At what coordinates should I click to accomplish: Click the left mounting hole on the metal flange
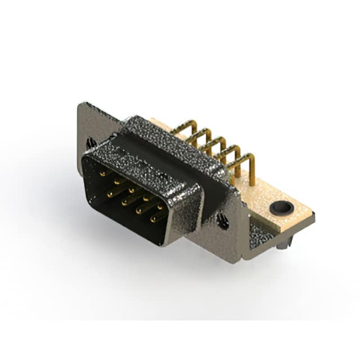pos(91,144)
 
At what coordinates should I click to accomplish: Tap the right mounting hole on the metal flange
pos(223,222)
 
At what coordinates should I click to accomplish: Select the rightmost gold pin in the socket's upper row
pos(160,205)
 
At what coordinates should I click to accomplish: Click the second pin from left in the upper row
pos(116,182)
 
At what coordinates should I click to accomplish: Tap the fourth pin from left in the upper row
pos(146,197)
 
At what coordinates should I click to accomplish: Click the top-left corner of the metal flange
pos(80,105)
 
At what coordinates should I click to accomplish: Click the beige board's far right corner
pos(313,214)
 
